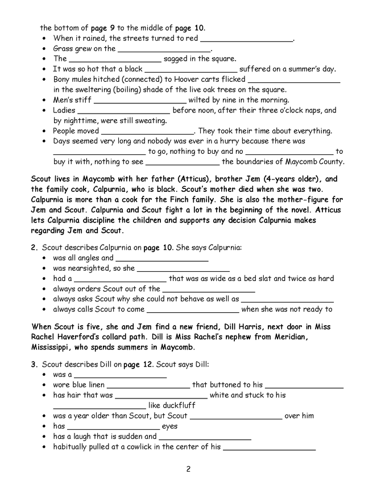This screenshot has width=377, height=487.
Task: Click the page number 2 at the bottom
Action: (x=188, y=469)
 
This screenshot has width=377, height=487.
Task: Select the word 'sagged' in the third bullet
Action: (x=176, y=58)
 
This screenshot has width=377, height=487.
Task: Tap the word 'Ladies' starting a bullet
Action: (x=64, y=110)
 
